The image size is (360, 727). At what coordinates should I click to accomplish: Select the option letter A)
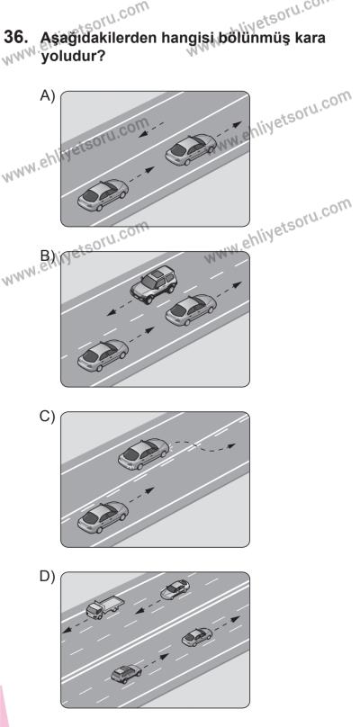click(48, 95)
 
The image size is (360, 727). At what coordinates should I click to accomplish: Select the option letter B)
click(48, 256)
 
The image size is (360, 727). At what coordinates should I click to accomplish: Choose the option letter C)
click(48, 417)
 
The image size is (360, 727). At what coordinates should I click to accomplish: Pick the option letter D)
click(48, 577)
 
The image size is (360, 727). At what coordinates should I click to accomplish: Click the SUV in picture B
click(154, 284)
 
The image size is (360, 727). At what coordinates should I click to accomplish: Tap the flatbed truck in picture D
click(104, 607)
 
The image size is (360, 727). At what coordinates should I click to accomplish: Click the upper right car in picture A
click(191, 149)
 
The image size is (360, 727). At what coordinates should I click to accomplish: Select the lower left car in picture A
click(103, 194)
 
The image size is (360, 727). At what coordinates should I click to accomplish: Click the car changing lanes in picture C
click(143, 453)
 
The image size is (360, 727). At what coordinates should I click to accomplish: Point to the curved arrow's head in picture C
click(230, 446)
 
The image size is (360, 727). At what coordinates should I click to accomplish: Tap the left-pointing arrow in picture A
click(151, 130)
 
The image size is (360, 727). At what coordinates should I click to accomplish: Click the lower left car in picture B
click(103, 355)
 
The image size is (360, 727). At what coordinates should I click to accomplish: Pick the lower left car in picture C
click(103, 517)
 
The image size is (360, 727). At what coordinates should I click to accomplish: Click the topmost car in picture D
click(175, 588)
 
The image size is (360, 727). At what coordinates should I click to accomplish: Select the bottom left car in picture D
click(126, 674)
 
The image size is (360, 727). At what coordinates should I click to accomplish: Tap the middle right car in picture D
click(197, 637)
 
